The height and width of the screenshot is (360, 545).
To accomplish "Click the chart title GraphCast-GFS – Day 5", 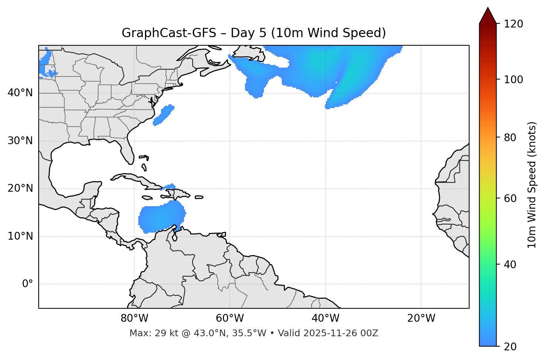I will tap(254, 33).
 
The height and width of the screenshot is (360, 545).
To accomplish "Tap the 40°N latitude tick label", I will tap(20, 93).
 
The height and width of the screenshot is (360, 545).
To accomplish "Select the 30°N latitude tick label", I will tap(20, 141).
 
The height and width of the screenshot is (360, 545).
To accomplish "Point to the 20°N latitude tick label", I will tap(20, 188).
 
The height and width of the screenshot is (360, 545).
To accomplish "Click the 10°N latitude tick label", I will tap(20, 236).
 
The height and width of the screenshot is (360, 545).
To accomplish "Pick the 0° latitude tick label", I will tap(28, 284).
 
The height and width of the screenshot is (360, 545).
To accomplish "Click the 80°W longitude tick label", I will tap(134, 318).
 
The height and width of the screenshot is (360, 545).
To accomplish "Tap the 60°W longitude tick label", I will tap(230, 318).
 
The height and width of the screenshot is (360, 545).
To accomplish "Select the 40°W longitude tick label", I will tap(325, 318).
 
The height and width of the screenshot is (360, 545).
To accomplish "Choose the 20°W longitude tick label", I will tap(421, 318).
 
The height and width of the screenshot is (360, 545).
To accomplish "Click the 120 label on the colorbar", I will tap(513, 24).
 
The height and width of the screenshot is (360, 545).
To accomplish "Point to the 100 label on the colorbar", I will tap(513, 80).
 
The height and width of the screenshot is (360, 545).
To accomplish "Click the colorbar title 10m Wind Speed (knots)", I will tap(532, 185).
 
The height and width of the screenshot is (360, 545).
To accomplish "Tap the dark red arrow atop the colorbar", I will tap(488, 16).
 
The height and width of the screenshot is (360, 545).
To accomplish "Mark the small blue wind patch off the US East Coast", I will tap(164, 115).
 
